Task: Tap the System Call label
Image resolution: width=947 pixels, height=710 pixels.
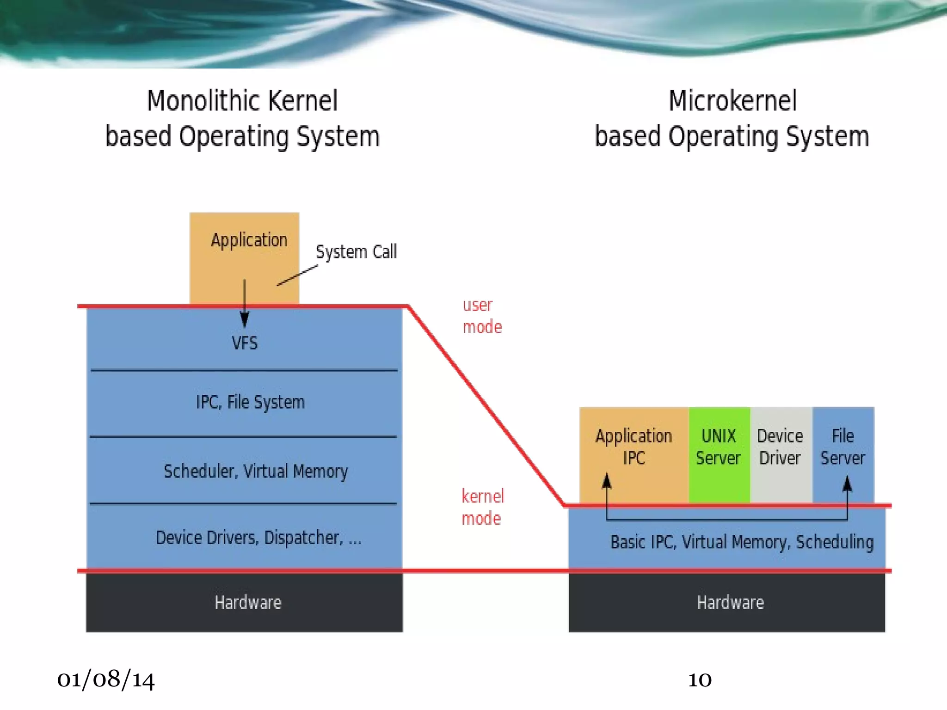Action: pos(356,252)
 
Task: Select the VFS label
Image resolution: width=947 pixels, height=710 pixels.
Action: pos(245,343)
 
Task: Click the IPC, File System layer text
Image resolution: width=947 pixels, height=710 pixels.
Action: pos(250,402)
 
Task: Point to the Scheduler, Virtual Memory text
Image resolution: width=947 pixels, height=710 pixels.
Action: pos(256,471)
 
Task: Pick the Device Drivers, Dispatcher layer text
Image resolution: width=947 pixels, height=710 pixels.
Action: pos(258,538)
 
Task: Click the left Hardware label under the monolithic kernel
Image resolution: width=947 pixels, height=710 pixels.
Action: pos(248,602)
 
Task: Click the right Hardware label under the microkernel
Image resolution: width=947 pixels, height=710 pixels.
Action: pos(730,602)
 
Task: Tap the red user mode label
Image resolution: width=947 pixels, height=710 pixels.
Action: pos(482,316)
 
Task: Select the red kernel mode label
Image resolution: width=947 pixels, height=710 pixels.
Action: pos(482,507)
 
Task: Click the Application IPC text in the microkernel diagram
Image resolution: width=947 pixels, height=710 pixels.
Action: pos(633,447)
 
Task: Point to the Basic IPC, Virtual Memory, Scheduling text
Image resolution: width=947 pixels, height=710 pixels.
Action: pos(742,542)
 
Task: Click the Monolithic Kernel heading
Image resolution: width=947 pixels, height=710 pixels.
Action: pos(242,101)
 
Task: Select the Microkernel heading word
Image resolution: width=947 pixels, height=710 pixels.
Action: pos(732,101)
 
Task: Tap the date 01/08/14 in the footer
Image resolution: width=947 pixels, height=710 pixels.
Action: pos(106,679)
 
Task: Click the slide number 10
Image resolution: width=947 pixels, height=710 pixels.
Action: pos(700,680)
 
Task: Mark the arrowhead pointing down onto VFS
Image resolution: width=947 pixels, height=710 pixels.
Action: pos(245,319)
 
